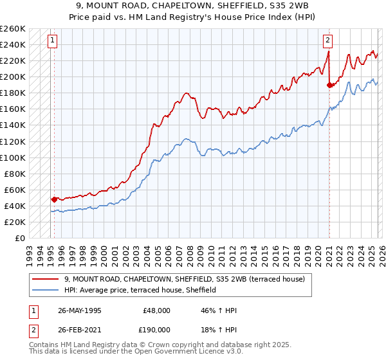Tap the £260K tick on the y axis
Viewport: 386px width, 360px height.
[13, 29]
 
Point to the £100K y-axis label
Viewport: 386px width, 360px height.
[13, 157]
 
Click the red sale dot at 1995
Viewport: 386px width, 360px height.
[54, 199]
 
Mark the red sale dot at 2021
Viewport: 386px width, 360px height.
[329, 84]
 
